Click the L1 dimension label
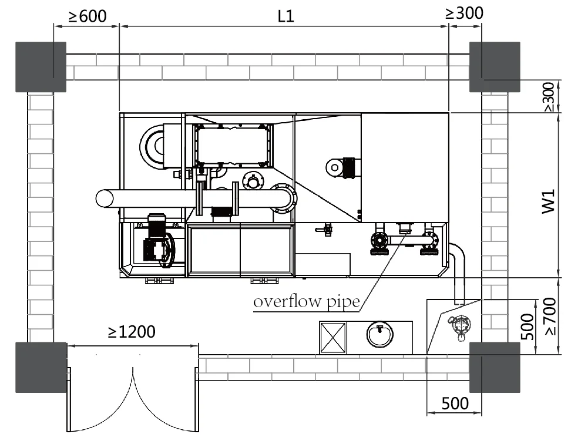point(285,16)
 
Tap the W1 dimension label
point(549,200)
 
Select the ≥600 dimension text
point(88,16)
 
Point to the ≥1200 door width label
point(132,332)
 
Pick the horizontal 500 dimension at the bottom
point(455,403)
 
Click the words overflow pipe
point(306,302)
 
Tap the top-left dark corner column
point(41,66)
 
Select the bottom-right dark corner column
point(495,368)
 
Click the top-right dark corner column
point(495,66)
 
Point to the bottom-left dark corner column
point(41,368)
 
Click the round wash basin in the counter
point(380,335)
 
